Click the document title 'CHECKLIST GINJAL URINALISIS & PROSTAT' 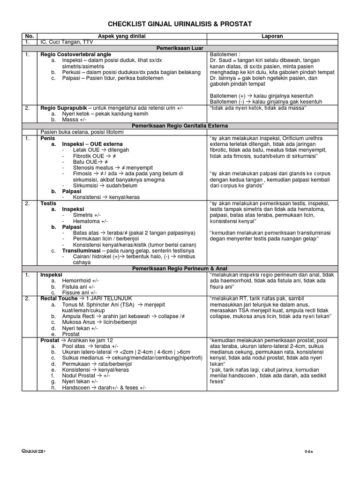[x=180, y=24]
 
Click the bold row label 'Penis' [x=48, y=138]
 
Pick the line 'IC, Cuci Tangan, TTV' [x=67, y=42]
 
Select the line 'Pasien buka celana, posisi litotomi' [x=83, y=132]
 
